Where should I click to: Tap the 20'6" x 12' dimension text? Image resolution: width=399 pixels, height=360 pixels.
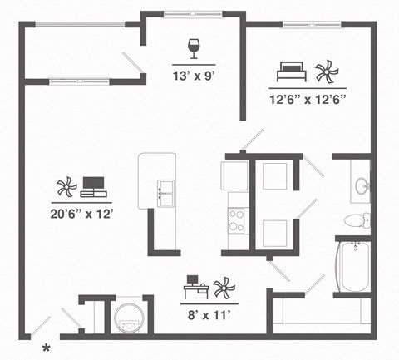coord(81,213)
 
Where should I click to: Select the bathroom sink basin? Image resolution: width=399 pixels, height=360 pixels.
coord(362,186)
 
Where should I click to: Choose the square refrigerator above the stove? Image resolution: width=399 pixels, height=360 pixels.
coord(234,175)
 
